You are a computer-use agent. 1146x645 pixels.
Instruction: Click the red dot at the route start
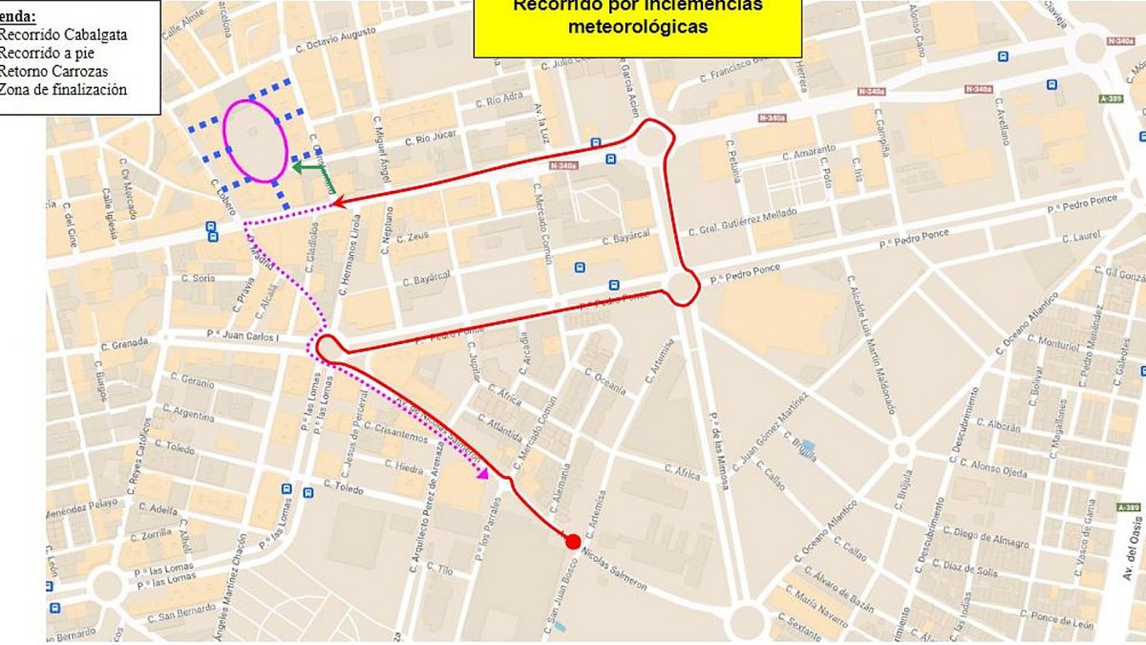point(573,542)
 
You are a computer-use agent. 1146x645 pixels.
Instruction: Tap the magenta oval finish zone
point(255,140)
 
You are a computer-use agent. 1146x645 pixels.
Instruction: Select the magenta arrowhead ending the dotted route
point(483,472)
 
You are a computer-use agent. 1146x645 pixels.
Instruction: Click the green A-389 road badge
point(1131,506)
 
